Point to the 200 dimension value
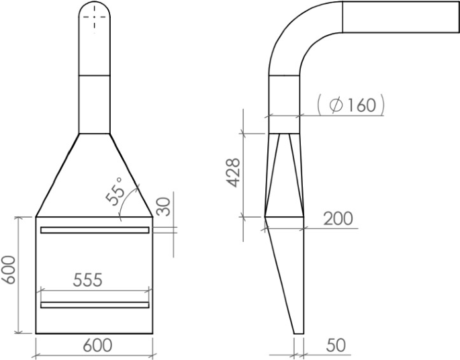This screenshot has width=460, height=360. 338,218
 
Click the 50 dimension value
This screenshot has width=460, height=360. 336,346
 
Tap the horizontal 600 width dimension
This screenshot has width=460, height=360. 97,346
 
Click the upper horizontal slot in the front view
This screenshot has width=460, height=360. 94,230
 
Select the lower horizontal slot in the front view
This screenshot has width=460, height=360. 94,305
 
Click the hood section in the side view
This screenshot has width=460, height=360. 285,175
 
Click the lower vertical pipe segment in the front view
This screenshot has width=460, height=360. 95,104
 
